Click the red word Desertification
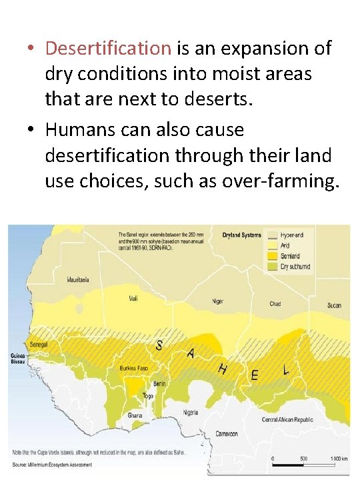coord(108,48)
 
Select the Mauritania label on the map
coord(78,280)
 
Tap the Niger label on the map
coord(218,301)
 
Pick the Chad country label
coord(275,304)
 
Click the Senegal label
coord(40,344)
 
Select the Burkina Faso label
coord(133,368)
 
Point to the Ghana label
coord(135,415)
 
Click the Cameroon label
coord(226,434)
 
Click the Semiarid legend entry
coord(290,256)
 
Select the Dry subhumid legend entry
coord(295,267)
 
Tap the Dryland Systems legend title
coord(241,235)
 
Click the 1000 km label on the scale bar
coord(339,459)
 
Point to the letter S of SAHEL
coord(159,345)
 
